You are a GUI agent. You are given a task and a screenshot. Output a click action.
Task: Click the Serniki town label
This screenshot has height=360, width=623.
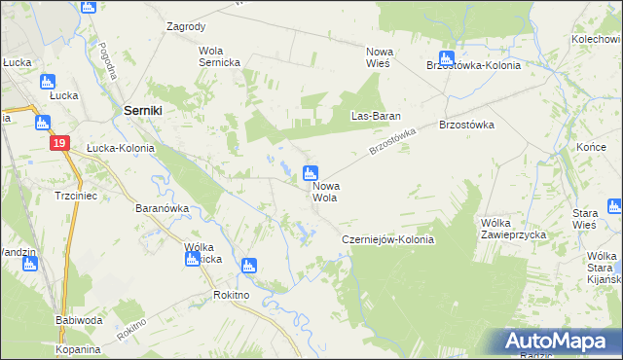coord(142,112)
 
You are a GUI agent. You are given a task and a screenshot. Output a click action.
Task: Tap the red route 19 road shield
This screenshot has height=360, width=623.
coord(60,143)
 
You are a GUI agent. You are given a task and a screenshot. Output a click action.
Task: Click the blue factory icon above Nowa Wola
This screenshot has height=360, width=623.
coord(310,174)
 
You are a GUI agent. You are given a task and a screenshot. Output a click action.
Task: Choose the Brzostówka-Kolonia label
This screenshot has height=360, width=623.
coord(473,65)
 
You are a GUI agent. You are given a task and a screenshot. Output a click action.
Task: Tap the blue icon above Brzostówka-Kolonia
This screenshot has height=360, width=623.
coord(446,57)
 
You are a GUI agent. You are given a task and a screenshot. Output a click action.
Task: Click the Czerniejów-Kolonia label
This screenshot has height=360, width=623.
coord(386,239)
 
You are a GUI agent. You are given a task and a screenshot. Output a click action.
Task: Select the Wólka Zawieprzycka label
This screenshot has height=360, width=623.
coord(514,229)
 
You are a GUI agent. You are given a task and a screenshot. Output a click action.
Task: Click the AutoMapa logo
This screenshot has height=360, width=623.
coord(559,342)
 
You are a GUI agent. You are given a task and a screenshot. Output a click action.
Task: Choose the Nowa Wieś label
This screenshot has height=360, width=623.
coord(378,56)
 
